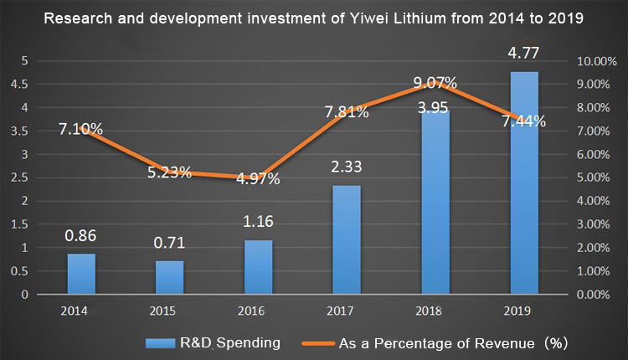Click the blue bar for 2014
coord(81,274)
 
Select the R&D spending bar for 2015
coord(169,277)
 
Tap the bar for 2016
coord(258,267)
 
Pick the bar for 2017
coord(346,239)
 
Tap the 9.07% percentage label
coord(435,83)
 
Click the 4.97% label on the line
coord(258,178)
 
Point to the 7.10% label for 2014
coord(81,129)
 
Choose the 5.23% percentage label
coord(170,173)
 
